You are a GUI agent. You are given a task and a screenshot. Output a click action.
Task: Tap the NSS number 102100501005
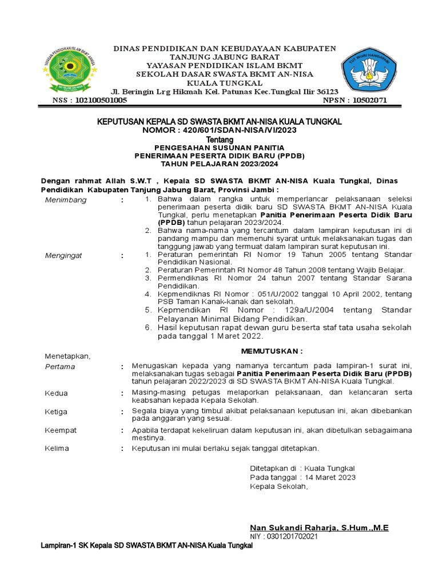(98, 100)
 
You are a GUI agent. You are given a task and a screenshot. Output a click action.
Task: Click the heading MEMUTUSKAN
(272, 350)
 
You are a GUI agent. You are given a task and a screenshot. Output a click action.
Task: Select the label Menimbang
(66, 200)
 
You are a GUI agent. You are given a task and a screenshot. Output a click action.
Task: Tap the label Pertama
(59, 366)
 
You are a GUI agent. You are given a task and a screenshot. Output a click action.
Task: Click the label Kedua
(56, 393)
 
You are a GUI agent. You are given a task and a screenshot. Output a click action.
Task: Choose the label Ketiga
(56, 411)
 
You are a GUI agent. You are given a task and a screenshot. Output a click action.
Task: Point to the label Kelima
(57, 448)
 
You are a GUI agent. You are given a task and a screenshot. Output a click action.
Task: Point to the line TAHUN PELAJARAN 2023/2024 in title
(219, 164)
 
